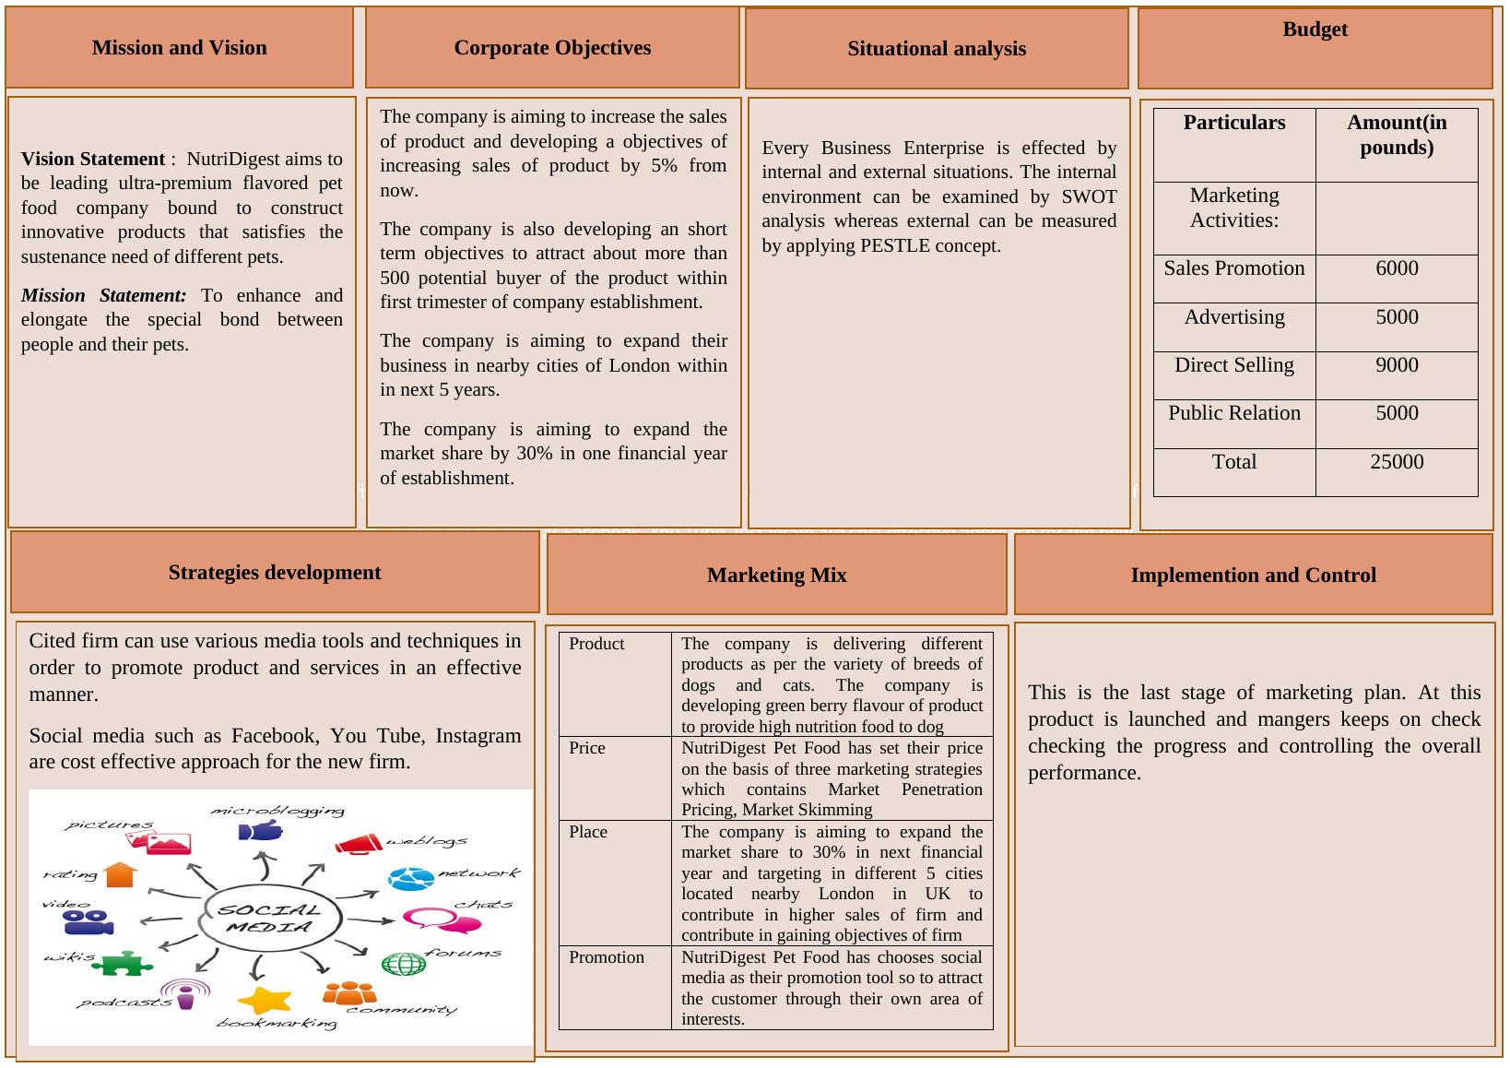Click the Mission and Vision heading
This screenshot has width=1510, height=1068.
point(179,48)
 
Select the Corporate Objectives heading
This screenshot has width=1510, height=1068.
point(552,48)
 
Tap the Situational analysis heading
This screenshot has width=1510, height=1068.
point(936,49)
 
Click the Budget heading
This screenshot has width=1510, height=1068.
point(1315,30)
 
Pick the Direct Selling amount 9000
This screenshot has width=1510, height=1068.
point(1396,365)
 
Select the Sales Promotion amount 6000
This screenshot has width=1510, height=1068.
point(1396,268)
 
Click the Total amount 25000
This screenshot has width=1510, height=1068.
point(1396,462)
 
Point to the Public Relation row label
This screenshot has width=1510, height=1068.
point(1233,413)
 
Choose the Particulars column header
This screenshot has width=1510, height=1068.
point(1233,123)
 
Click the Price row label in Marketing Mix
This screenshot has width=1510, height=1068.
point(587,748)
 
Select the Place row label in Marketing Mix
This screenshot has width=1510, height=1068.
point(587,832)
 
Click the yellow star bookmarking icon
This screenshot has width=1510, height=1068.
point(265,1000)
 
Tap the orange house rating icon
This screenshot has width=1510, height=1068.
point(120,874)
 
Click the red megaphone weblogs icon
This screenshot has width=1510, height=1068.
point(358,843)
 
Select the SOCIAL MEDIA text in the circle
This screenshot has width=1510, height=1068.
point(271,918)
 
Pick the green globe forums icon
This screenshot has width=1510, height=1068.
point(404,965)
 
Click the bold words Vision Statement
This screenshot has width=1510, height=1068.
point(92,159)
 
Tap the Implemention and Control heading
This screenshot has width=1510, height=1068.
point(1253,576)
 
